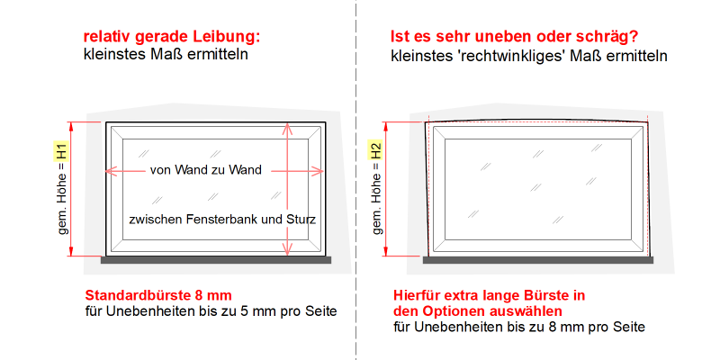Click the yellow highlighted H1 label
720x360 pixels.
(x=62, y=150)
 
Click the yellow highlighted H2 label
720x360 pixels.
(x=376, y=150)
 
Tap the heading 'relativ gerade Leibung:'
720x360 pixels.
(x=172, y=37)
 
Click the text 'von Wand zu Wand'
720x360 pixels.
(x=206, y=170)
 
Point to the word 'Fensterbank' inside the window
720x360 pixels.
(x=218, y=220)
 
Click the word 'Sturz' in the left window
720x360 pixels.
(x=302, y=220)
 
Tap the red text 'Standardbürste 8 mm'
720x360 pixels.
(x=158, y=295)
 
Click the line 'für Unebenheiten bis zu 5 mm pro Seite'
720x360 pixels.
(x=211, y=311)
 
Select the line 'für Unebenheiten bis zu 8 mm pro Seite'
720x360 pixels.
(x=519, y=327)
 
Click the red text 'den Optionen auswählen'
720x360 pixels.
(x=478, y=311)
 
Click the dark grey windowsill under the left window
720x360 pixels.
(x=216, y=260)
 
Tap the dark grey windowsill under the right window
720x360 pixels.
(x=538, y=260)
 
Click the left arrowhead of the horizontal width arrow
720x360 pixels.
(x=110, y=171)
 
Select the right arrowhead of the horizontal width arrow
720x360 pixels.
(x=319, y=171)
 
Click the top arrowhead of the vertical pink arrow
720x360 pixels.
(x=287, y=128)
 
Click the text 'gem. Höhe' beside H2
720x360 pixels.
(x=377, y=204)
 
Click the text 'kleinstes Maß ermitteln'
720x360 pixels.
(x=166, y=54)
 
